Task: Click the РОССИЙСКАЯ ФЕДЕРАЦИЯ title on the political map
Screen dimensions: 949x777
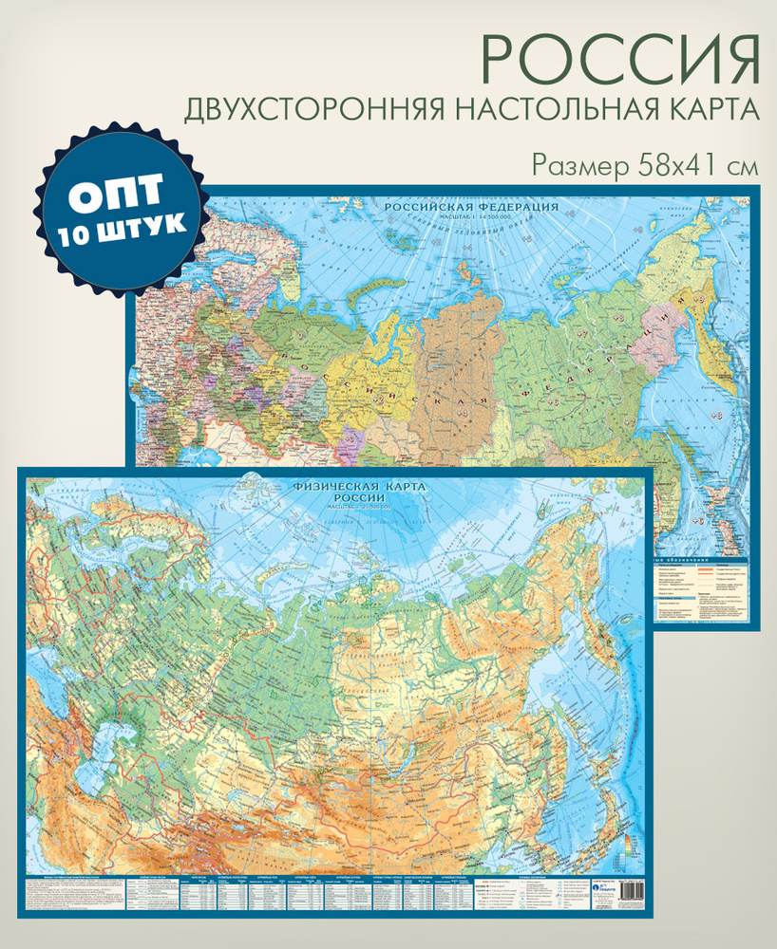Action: pyautogui.click(x=469, y=207)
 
